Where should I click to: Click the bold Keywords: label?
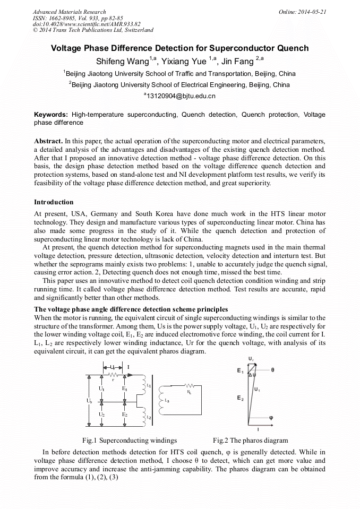pos(51,115)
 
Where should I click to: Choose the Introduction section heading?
pos(54,202)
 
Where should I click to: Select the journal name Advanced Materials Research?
pos(69,12)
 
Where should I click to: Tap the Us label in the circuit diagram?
pos(89,401)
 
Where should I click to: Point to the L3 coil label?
pos(167,400)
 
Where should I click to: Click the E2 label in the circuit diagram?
pos(125,414)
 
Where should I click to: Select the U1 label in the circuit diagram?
pos(101,389)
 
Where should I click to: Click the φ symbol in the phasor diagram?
pos(271,417)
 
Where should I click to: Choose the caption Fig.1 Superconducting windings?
pos(130,440)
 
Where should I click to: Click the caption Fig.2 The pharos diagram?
pos(250,440)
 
